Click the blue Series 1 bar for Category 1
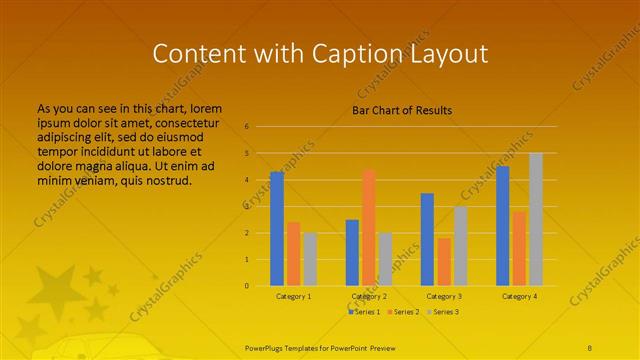(x=277, y=229)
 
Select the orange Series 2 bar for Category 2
(x=369, y=227)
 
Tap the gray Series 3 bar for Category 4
(x=536, y=219)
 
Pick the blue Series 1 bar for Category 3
(x=427, y=239)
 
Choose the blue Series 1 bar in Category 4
(x=503, y=226)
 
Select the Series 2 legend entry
(x=404, y=312)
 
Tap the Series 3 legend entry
(x=443, y=312)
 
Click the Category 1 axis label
(x=294, y=296)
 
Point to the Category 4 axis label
(x=519, y=296)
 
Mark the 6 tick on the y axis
(x=246, y=127)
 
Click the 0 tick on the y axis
(x=246, y=286)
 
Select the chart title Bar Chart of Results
(x=402, y=109)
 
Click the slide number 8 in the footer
(x=589, y=347)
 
